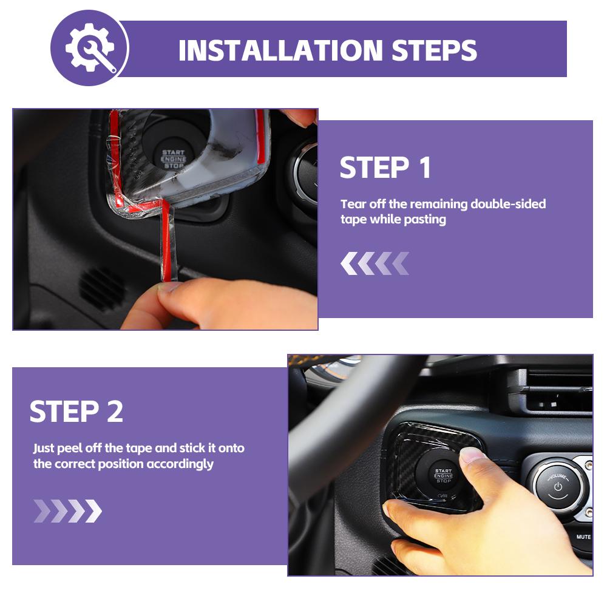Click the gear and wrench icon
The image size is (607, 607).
point(90,48)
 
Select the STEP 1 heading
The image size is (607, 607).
point(385,168)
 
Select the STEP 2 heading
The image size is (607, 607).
point(76,412)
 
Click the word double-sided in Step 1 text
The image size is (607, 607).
point(508,204)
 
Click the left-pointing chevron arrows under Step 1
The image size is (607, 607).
point(375,263)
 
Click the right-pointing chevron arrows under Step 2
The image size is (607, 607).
point(67,511)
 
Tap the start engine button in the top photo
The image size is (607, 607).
point(173,158)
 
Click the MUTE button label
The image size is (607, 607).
point(583,537)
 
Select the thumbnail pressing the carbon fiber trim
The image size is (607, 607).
point(473,456)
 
